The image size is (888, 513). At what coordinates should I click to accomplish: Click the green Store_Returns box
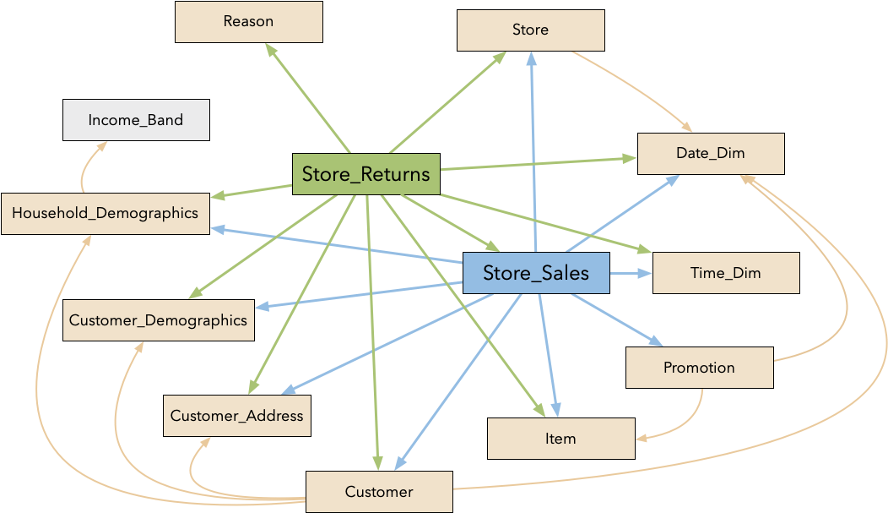pyautogui.click(x=366, y=174)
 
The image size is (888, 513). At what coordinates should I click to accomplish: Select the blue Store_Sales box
pyautogui.click(x=536, y=273)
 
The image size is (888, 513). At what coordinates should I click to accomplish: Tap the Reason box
pyautogui.click(x=249, y=21)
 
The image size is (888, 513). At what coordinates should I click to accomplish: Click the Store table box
pyautogui.click(x=530, y=30)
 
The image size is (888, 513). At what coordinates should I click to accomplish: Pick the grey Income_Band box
pyautogui.click(x=135, y=120)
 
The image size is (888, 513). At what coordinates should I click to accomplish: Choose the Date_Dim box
pyautogui.click(x=711, y=153)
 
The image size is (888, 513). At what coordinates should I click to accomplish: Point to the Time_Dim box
pyautogui.click(x=726, y=272)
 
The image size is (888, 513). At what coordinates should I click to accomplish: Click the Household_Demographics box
pyautogui.click(x=105, y=213)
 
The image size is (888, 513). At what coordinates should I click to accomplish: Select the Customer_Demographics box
pyautogui.click(x=158, y=320)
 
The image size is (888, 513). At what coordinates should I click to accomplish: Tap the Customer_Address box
pyautogui.click(x=236, y=416)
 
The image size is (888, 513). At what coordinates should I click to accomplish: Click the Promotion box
pyautogui.click(x=699, y=368)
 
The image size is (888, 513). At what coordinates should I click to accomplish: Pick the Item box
pyautogui.click(x=560, y=438)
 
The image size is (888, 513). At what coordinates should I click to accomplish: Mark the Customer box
pyautogui.click(x=379, y=491)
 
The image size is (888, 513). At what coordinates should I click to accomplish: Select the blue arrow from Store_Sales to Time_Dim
pyautogui.click(x=631, y=273)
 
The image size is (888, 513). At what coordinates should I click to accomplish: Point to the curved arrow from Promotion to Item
pyautogui.click(x=688, y=423)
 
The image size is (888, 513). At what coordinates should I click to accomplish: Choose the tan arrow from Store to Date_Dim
pyautogui.click(x=633, y=89)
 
